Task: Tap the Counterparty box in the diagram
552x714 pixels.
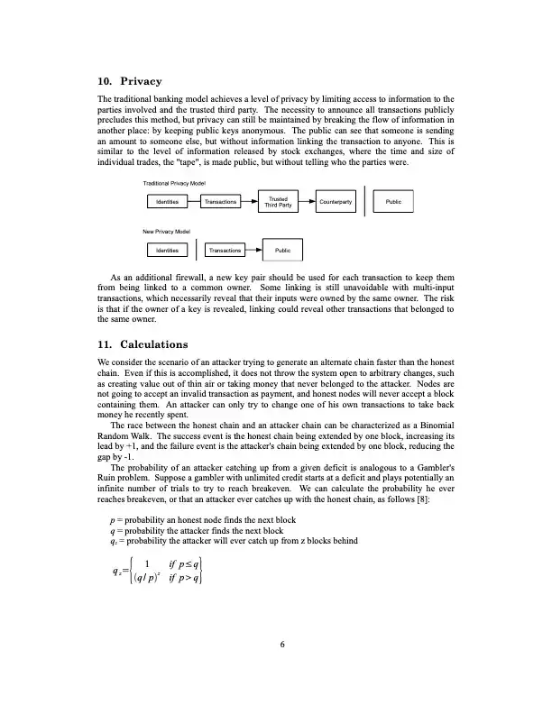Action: [x=335, y=202]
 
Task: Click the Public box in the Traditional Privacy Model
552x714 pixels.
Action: [x=393, y=202]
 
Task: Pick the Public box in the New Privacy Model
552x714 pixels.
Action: [x=282, y=250]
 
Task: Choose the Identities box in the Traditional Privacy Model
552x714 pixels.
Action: [x=167, y=202]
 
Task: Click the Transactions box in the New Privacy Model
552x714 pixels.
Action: [x=225, y=250]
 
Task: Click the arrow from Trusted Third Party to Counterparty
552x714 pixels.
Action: [x=305, y=202]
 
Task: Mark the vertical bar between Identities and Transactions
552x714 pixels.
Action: [x=196, y=250]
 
